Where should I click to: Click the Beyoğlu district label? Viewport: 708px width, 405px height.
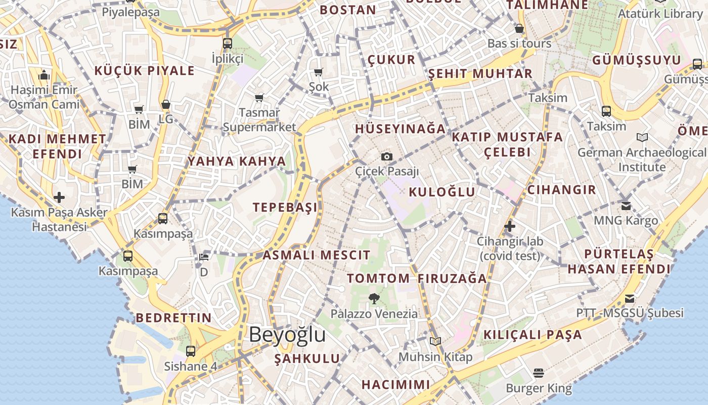coord(287,335)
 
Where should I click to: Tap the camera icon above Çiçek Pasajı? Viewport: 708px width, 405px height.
coord(387,157)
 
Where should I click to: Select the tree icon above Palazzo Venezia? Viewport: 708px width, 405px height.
coord(374,299)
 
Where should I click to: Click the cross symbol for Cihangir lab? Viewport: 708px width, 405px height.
coord(509,226)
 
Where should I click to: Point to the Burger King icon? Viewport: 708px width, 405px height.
coord(539,374)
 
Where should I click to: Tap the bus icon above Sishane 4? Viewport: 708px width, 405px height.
coord(191,351)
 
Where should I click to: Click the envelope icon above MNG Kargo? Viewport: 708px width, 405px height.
coord(626,206)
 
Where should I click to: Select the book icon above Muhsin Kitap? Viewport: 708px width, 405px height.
coord(435,342)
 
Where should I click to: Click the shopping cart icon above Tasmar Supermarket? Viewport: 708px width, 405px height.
coord(259,97)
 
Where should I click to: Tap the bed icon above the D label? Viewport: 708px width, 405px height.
coord(203,257)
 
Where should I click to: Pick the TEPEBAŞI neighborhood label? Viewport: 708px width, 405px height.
coord(285,207)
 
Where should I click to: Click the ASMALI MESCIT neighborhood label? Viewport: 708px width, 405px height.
coord(316,255)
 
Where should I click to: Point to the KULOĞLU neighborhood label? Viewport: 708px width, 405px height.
coord(441,192)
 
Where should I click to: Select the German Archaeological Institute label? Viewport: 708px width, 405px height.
coord(642,159)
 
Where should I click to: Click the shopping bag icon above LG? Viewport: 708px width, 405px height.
coord(165,105)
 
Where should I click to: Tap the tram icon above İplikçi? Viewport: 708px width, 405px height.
coord(228,43)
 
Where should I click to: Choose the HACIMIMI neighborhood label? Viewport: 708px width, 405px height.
coord(395,384)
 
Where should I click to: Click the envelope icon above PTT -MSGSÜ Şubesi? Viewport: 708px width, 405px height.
coord(630,299)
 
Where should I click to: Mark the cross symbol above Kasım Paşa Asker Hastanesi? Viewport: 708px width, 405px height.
coord(59,197)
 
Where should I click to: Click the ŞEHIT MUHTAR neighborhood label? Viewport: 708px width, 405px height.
coord(480,74)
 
